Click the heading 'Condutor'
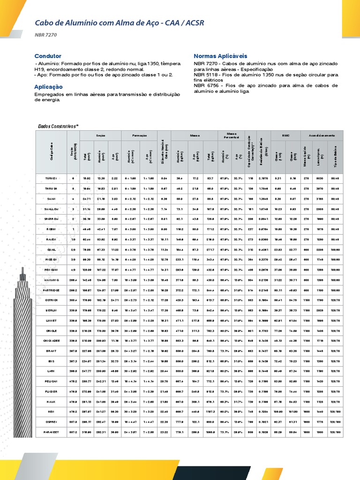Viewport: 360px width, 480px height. point(48,56)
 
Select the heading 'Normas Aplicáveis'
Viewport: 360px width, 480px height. point(220,56)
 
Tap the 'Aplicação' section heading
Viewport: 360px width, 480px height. point(48,87)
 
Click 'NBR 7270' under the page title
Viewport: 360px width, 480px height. point(45,34)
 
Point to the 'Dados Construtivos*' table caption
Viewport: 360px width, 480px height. point(58,126)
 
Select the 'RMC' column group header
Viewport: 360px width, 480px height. point(285,135)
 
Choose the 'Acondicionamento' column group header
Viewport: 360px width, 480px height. point(322,135)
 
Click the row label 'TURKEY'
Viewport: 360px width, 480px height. point(51,179)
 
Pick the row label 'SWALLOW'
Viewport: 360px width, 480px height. point(51,209)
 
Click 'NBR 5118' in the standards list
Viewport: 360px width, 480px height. point(204,75)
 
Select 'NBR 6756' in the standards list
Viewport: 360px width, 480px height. point(204,86)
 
